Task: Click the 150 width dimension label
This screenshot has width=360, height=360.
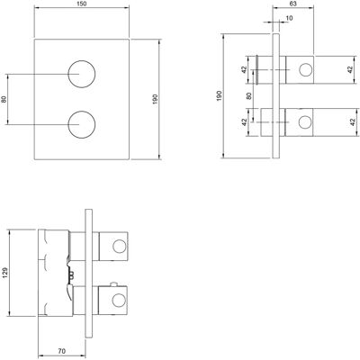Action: coord(82,4)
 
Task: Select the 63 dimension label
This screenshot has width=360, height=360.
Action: coord(293,4)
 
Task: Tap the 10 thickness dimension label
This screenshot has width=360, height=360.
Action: coord(289,18)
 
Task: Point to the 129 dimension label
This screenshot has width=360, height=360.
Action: coord(6,273)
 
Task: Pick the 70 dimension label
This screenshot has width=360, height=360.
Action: coord(62,351)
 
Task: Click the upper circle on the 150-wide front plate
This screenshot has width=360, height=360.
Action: coord(82,60)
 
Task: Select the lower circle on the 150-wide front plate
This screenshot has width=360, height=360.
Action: coord(82,111)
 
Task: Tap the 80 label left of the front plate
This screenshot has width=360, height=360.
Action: coord(4,99)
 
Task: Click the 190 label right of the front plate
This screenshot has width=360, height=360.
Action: coord(155,99)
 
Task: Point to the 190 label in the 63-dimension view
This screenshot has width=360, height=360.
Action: coord(219,95)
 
